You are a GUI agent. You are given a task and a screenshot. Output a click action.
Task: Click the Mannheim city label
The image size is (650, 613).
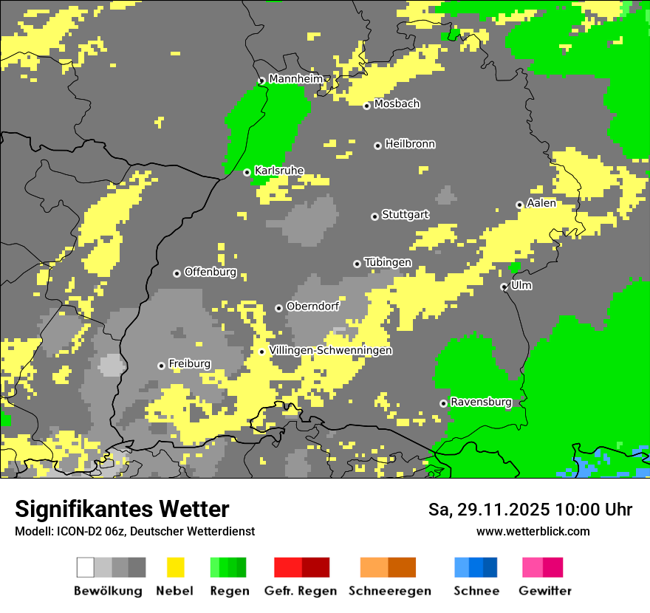tap(295, 79)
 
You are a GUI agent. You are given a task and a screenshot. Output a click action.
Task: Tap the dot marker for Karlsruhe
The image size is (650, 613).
tap(247, 172)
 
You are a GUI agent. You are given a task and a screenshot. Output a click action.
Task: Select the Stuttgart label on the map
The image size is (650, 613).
tap(405, 215)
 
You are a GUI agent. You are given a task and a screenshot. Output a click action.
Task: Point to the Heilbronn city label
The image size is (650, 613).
tap(410, 144)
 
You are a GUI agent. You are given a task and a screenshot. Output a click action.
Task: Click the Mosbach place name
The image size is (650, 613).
tap(397, 104)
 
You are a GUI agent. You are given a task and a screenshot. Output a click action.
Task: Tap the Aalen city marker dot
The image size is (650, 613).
tap(519, 205)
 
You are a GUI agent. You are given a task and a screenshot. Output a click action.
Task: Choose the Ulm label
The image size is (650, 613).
tap(521, 285)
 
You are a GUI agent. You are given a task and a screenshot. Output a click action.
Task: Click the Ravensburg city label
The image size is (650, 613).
tap(481, 402)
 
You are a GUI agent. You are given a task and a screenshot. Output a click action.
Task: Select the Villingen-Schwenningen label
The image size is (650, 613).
tap(330, 350)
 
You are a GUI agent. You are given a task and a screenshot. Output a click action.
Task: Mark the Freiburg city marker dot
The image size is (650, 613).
tap(161, 366)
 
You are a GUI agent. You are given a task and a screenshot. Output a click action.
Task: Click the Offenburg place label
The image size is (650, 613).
tap(211, 272)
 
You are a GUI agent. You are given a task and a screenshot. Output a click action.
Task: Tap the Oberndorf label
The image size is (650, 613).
tap(312, 306)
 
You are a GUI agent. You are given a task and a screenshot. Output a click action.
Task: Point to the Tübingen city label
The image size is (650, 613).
tap(388, 262)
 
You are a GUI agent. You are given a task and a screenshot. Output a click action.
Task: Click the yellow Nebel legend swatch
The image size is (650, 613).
tap(176, 567)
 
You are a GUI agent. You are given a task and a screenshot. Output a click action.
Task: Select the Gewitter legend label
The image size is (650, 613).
tap(545, 591)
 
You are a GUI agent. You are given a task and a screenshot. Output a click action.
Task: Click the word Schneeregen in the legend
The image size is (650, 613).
tap(390, 591)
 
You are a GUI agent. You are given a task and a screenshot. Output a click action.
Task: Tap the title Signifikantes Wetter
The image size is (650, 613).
tap(122, 509)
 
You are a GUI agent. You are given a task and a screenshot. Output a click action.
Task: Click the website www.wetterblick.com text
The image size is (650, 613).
tap(533, 531)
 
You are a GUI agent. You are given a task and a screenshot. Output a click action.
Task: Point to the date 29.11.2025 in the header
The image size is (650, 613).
tap(502, 510)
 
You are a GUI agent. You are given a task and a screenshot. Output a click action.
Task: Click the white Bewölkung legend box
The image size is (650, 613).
tap(86, 567)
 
